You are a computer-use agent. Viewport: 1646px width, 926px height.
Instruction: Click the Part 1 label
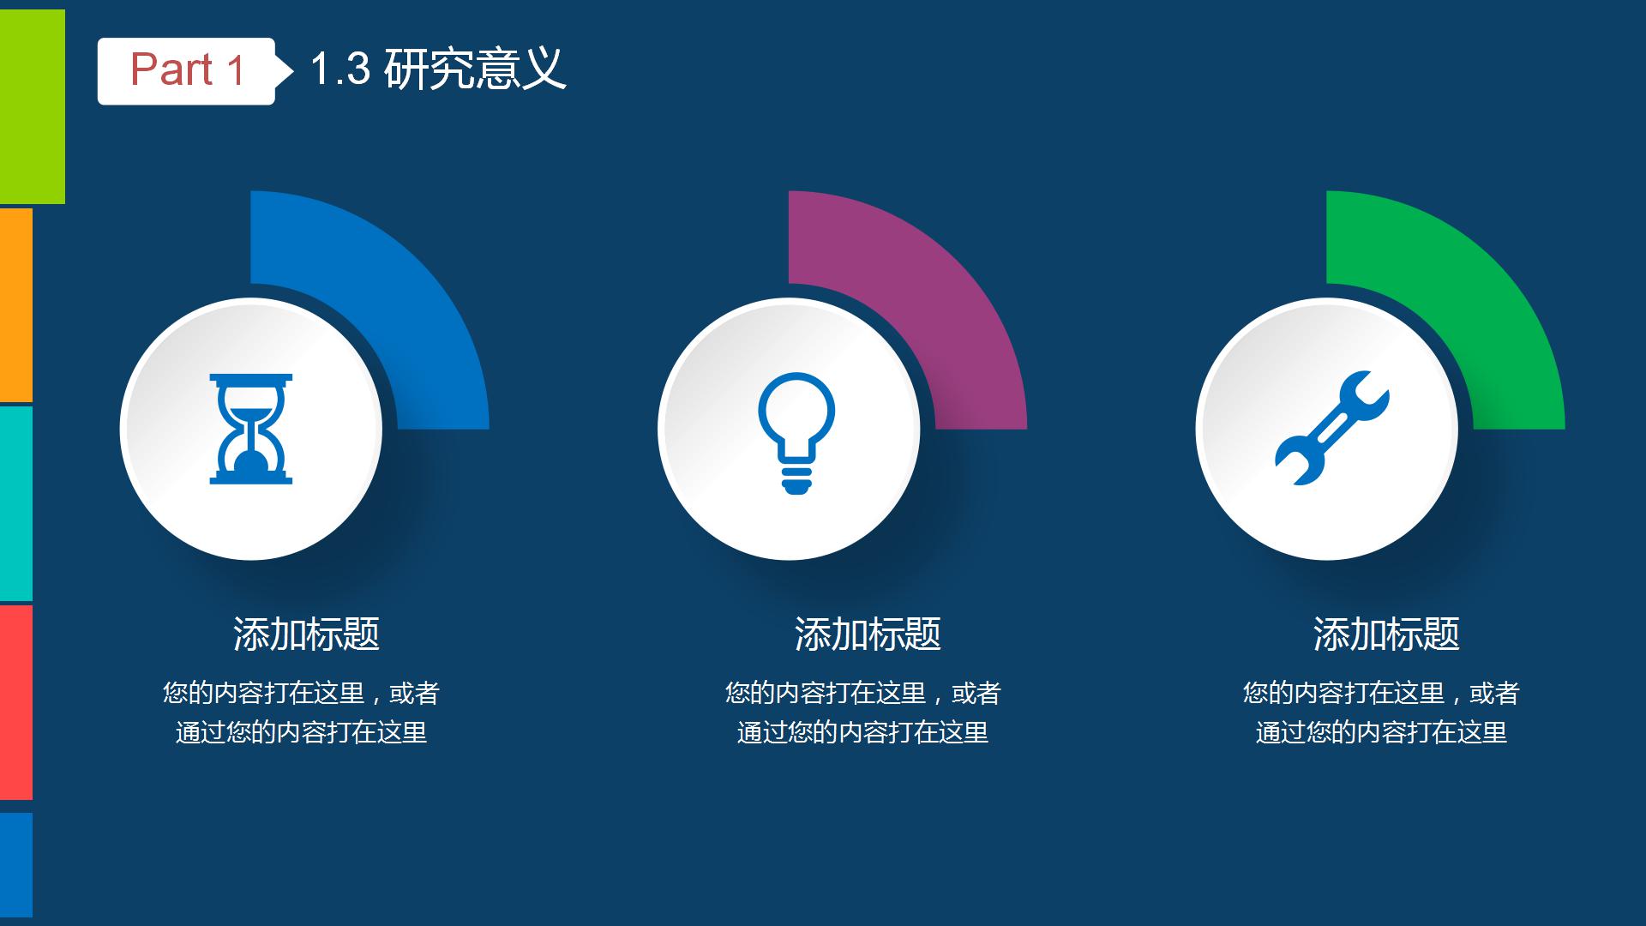187,70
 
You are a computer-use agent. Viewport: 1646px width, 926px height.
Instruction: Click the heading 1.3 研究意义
438,69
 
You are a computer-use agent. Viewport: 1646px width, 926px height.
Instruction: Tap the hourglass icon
251,429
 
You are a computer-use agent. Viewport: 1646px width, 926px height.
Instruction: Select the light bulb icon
796,433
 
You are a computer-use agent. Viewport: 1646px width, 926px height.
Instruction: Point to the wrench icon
1331,428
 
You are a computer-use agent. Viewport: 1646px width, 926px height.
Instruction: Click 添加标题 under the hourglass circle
306,634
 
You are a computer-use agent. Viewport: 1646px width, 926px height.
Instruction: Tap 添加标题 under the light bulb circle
868,634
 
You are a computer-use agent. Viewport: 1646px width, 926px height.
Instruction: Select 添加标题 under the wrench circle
1386,634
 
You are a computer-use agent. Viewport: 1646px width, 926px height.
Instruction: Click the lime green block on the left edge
33,107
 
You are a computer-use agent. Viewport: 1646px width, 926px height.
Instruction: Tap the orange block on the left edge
16,304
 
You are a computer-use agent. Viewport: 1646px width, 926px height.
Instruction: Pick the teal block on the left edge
16,504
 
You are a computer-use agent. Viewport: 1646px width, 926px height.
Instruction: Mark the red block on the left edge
16,702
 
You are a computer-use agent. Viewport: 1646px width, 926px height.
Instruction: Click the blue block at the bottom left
16,865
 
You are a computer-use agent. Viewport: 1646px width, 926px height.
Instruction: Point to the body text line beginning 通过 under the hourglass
301,732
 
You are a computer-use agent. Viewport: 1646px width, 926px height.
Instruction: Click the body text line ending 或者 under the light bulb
863,693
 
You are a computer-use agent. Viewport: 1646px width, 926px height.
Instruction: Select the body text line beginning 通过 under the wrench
1381,732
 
